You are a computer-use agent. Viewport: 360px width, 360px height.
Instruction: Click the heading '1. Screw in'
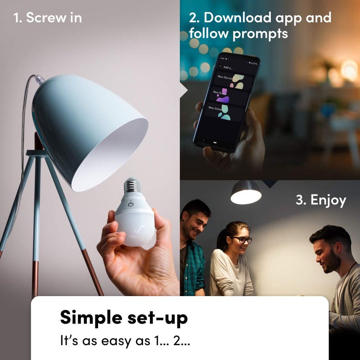[x=48, y=18]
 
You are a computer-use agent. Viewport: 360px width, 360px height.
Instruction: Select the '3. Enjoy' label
[x=320, y=200]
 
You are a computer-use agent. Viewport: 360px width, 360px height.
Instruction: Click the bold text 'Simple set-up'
[x=124, y=318]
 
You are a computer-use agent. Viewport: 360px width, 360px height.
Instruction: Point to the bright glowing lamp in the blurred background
[x=349, y=70]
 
